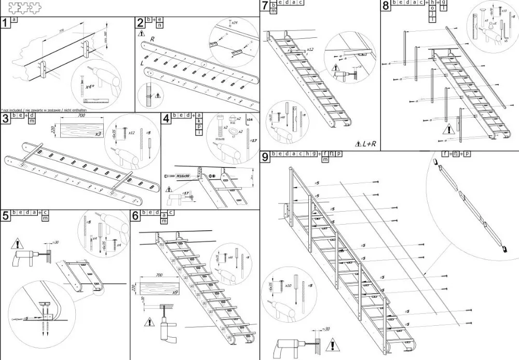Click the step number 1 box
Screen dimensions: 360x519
(x=5, y=23)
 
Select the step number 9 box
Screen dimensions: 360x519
(x=265, y=157)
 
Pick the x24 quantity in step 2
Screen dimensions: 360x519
(x=235, y=23)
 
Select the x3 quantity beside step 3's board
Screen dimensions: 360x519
(x=98, y=134)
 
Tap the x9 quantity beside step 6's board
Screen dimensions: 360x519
(x=175, y=293)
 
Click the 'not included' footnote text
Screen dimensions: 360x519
(x=44, y=110)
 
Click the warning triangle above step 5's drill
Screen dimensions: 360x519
(x=19, y=242)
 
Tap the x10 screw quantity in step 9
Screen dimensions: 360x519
(x=289, y=286)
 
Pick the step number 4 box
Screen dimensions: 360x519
(x=166, y=119)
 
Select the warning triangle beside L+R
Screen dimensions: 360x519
(x=359, y=143)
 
